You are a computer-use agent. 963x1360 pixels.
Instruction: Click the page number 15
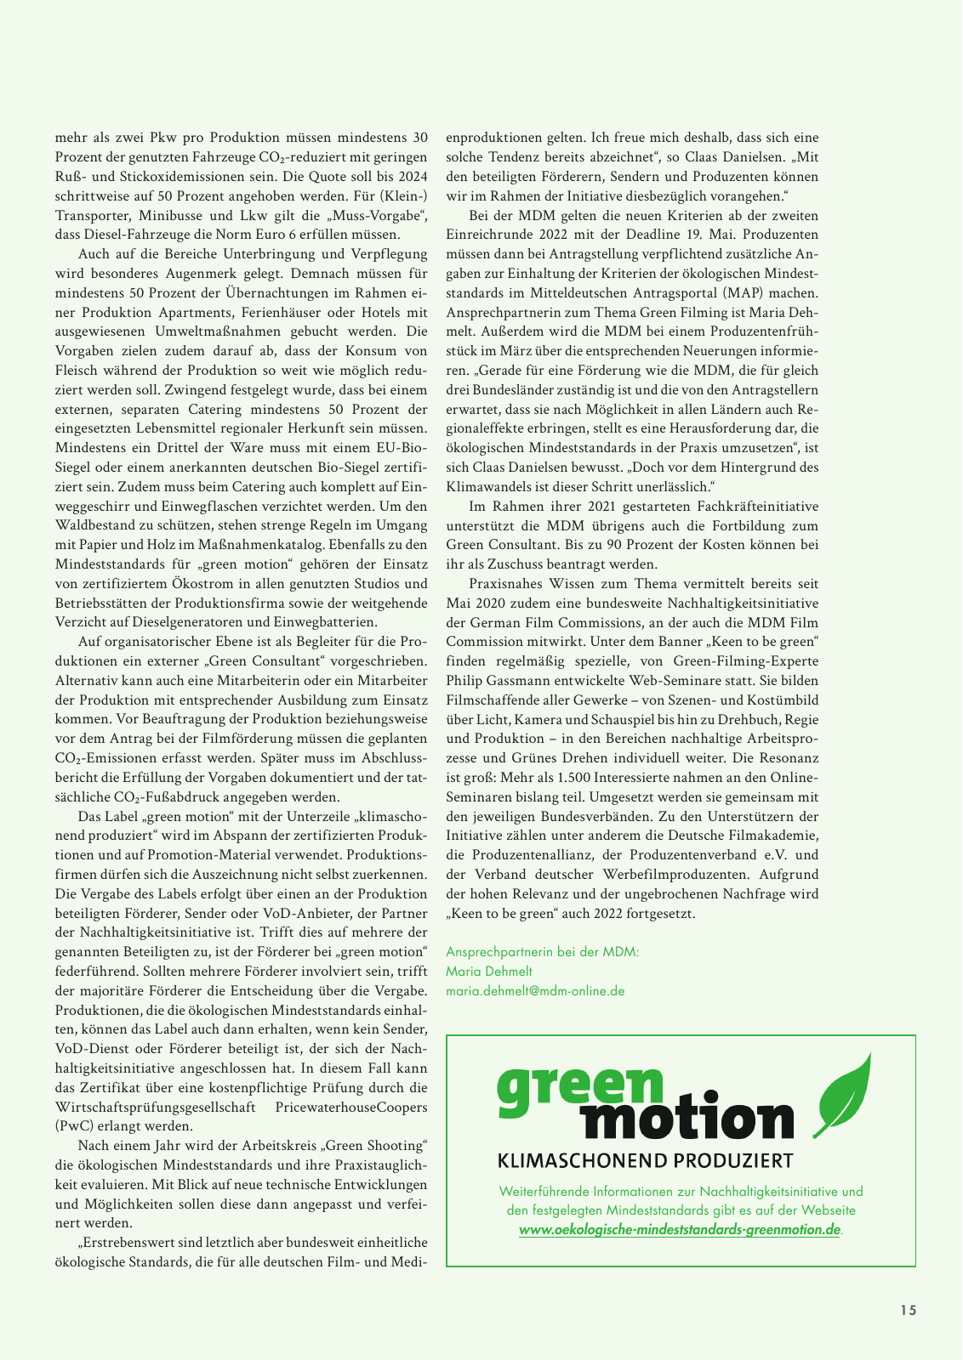(x=909, y=1310)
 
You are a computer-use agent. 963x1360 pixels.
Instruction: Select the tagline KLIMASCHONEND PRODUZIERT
(x=645, y=1161)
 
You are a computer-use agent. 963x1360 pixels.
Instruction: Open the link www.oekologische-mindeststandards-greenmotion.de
(x=680, y=1230)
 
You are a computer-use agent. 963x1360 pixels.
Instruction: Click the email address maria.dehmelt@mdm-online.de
(x=535, y=991)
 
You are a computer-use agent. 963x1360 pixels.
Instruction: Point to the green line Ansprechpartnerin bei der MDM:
(x=542, y=952)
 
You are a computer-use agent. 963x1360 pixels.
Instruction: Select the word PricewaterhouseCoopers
(x=351, y=1108)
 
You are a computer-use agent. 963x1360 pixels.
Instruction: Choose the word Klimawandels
(x=487, y=487)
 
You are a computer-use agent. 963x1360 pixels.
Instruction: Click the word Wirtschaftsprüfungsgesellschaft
(x=156, y=1108)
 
